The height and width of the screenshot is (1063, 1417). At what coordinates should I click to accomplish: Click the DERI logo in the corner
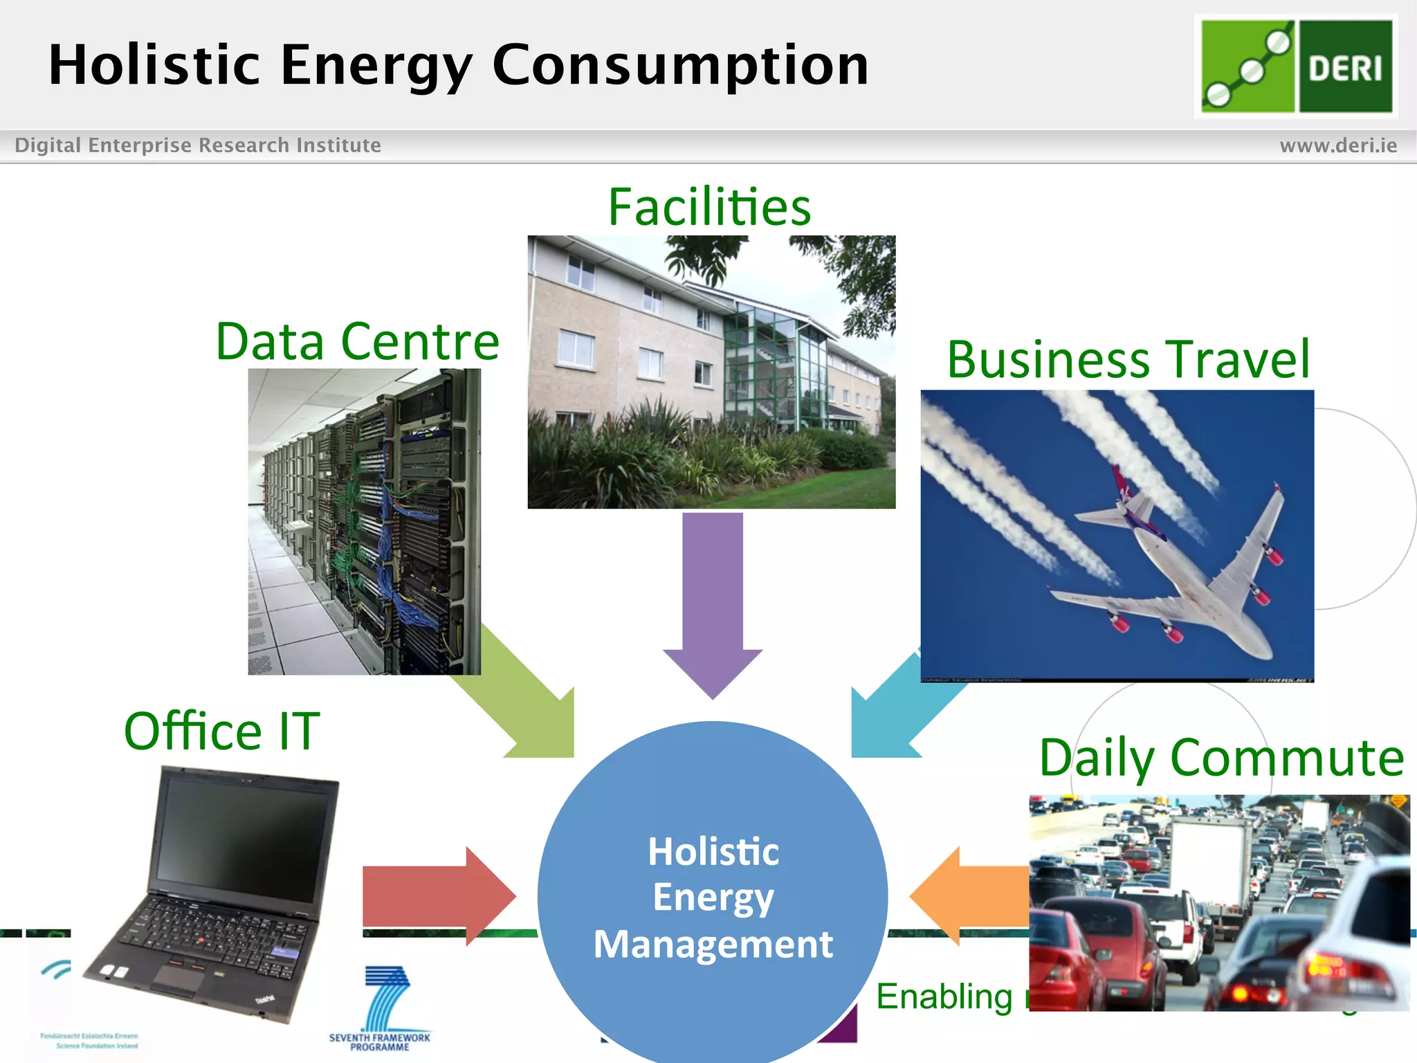(1295, 66)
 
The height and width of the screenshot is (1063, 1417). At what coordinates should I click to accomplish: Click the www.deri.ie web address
(1337, 145)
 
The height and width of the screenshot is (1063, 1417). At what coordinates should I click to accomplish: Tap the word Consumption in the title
(680, 65)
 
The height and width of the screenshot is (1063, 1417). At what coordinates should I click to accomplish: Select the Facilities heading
(709, 208)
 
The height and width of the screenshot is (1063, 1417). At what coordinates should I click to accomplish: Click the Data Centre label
(357, 341)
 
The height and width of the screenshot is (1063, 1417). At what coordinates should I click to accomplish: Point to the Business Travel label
(1128, 360)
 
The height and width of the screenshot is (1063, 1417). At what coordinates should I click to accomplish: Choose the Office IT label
(221, 732)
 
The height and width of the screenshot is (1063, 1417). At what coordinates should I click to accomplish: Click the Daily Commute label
(1221, 758)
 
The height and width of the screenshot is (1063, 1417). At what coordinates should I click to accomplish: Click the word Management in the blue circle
(713, 944)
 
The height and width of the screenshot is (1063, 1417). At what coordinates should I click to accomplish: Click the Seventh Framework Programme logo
(380, 1010)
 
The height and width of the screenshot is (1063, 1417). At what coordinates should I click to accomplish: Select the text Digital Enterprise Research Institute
(198, 145)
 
